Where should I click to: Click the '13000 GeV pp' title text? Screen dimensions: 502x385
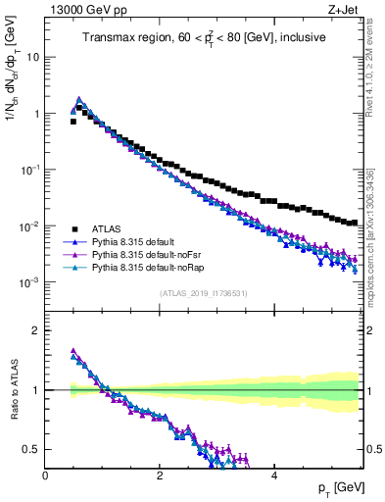point(86,11)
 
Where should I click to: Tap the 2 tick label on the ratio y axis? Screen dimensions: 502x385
point(36,330)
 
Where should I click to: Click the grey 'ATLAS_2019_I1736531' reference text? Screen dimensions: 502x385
point(204,294)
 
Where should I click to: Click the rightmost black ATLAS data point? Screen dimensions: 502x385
point(355,223)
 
